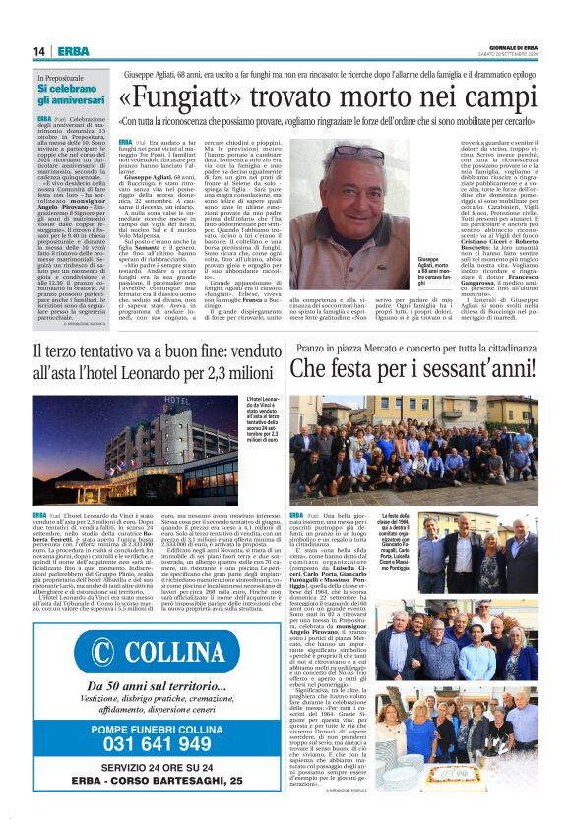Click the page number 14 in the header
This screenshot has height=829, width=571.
click(x=38, y=51)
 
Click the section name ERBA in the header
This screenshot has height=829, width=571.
click(x=73, y=51)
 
